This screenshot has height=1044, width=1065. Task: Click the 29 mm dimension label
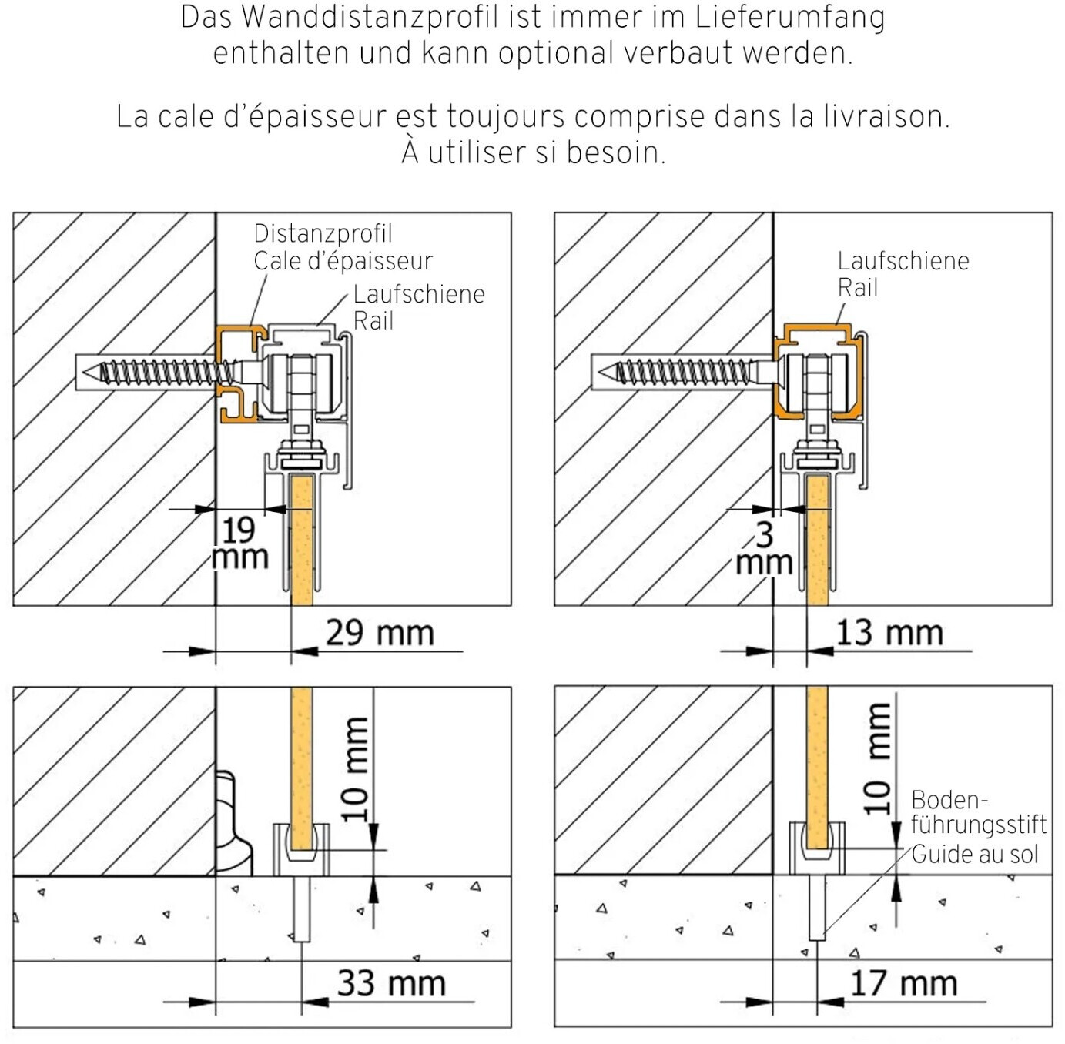tap(380, 633)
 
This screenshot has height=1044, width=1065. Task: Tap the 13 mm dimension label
tap(889, 633)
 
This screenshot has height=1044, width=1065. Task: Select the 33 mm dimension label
tap(391, 983)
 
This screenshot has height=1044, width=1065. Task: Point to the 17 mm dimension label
tap(903, 983)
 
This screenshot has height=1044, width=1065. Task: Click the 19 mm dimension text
tap(239, 544)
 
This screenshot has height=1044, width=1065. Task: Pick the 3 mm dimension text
tap(764, 548)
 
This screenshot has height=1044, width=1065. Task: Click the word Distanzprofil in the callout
tap(323, 233)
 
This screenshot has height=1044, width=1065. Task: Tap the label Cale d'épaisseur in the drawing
tap(343, 261)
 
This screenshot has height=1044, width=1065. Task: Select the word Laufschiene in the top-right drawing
tap(903, 261)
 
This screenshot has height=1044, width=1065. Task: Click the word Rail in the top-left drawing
tap(373, 321)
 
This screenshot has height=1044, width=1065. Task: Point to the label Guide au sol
tap(974, 854)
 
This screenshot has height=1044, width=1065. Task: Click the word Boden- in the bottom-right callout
tap(949, 800)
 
